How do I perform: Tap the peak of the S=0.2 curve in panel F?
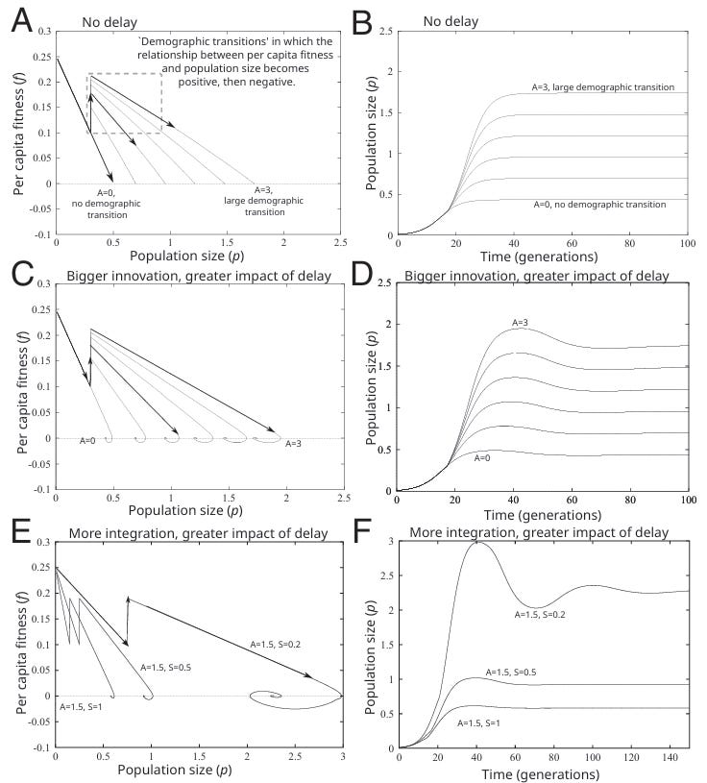click(477, 543)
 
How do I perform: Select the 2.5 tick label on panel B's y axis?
click(383, 32)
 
